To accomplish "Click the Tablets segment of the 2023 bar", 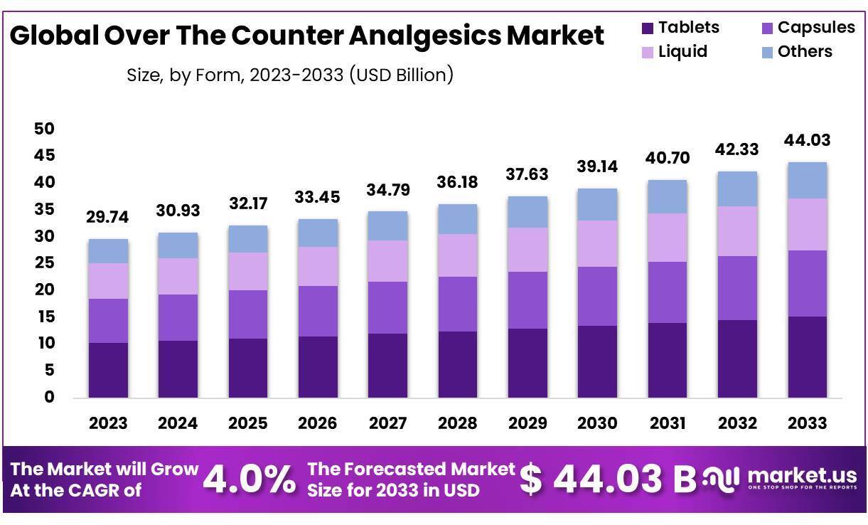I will click(x=108, y=370).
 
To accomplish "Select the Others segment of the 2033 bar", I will click(x=807, y=180).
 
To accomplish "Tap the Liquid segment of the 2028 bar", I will click(x=457, y=255).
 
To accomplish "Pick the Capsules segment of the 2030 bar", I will click(x=596, y=296).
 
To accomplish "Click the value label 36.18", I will click(x=457, y=182).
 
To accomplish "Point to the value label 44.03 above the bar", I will click(x=807, y=140).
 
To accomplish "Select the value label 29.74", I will click(x=108, y=218).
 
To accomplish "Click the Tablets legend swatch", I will click(x=647, y=28).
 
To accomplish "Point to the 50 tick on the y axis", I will click(x=44, y=129).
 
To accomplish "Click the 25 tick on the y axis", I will click(x=44, y=263).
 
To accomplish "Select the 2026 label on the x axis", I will click(x=317, y=423).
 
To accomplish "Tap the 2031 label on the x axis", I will click(x=667, y=423).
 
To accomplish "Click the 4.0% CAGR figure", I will click(x=250, y=480).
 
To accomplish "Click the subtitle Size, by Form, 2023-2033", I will click(x=289, y=74).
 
